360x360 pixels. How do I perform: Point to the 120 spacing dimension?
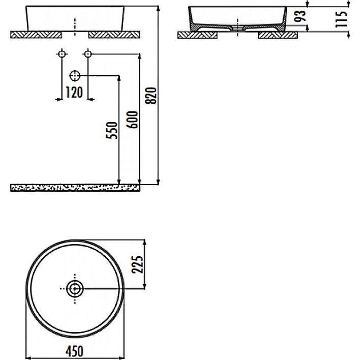74,93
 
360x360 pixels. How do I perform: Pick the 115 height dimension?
342,19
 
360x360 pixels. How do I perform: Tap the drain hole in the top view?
75,289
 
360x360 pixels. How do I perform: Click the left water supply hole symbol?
62,53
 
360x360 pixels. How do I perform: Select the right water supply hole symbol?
88,53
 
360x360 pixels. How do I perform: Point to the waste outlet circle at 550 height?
75,76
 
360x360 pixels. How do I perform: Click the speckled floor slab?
75,188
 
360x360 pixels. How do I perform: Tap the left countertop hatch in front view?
36,35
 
